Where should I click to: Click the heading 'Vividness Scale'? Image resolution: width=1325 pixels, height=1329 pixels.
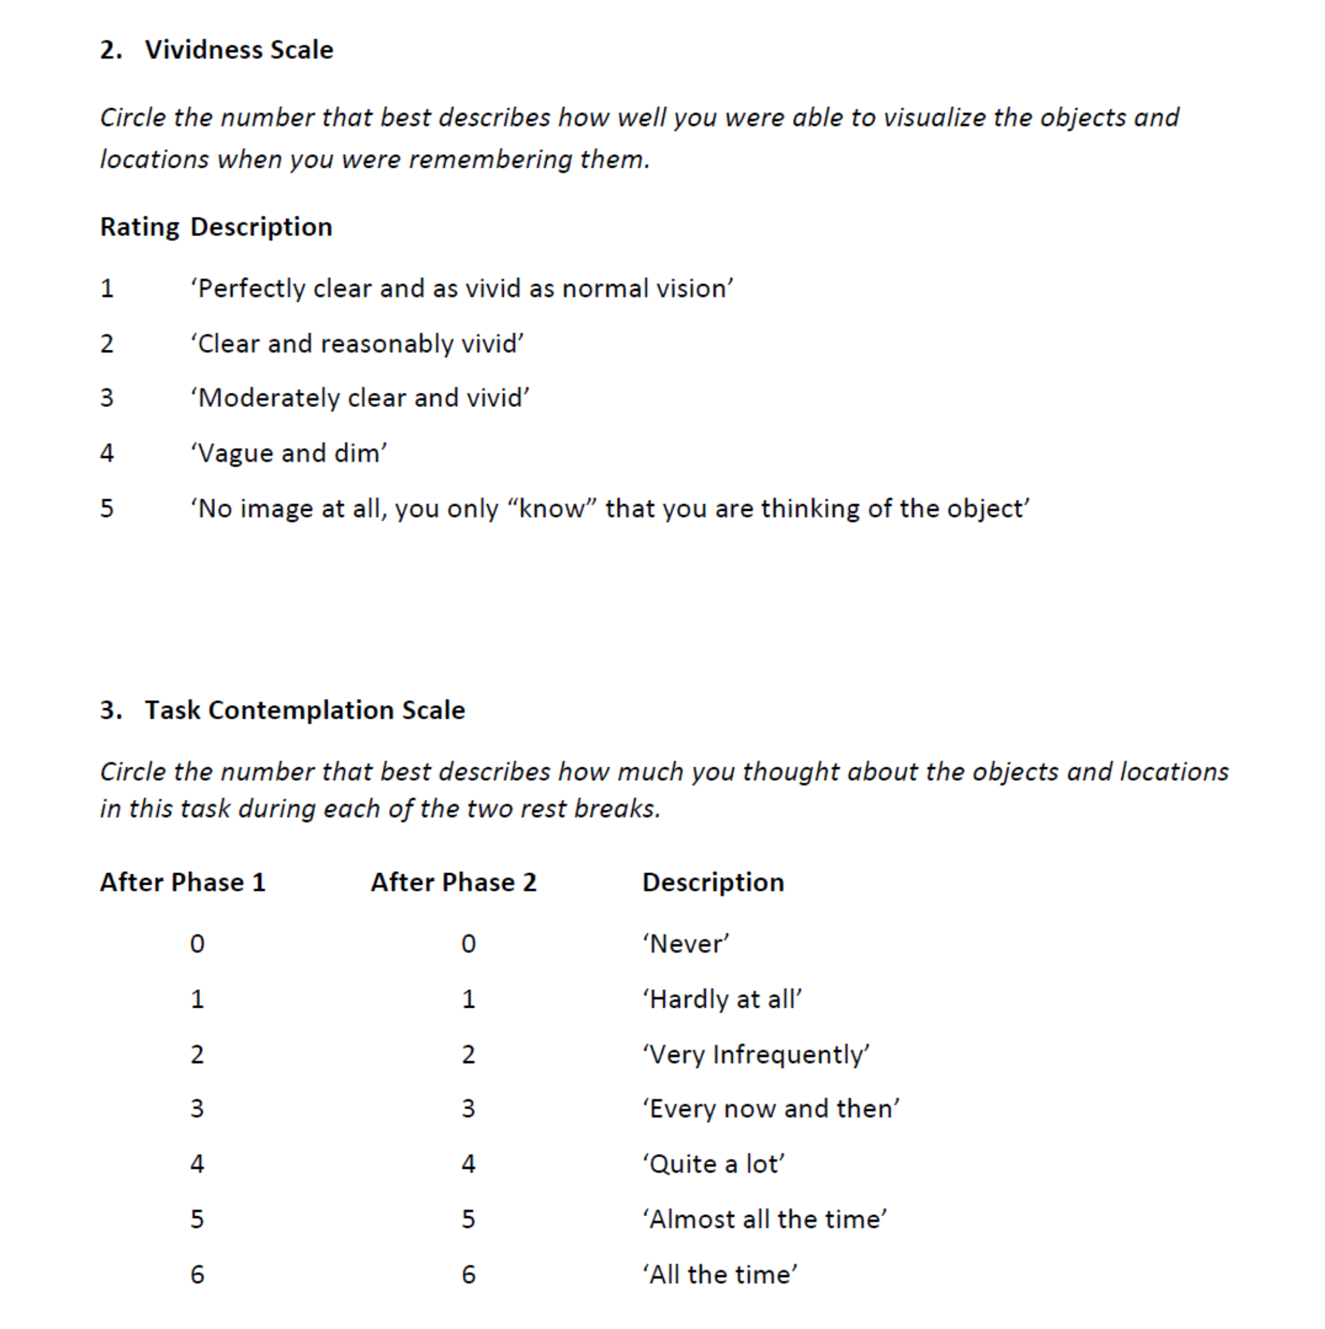(239, 50)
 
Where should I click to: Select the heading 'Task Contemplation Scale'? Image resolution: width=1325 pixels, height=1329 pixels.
(305, 710)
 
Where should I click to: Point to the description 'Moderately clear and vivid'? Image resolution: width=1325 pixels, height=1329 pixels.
(360, 398)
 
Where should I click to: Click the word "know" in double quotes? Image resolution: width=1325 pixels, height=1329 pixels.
(551, 509)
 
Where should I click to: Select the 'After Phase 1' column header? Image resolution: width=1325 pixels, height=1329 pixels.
(183, 882)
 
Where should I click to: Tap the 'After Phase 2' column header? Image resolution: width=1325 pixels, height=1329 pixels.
(454, 882)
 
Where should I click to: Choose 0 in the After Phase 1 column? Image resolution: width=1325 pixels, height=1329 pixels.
(197, 944)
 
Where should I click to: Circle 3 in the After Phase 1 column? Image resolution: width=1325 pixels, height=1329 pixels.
(197, 1109)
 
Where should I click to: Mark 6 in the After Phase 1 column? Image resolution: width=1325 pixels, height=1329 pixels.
(197, 1275)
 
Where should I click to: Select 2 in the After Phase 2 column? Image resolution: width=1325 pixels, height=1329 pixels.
(468, 1054)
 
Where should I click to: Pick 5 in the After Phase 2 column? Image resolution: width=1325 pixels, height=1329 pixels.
(468, 1220)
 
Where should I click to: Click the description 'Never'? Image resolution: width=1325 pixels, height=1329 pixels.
(686, 944)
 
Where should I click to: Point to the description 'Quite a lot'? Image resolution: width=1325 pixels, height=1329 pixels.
(714, 1164)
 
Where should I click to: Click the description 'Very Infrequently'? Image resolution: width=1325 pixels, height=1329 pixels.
(756, 1054)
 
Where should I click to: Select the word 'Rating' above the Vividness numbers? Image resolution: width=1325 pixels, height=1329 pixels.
(139, 227)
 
